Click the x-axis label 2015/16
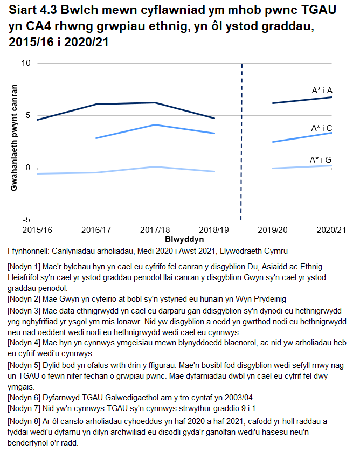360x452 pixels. pyautogui.click(x=37, y=230)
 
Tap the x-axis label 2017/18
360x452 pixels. pyautogui.click(x=155, y=230)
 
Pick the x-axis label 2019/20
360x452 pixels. pyautogui.click(x=272, y=230)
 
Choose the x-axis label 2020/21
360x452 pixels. pyautogui.click(x=330, y=230)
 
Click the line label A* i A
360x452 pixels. pyautogui.click(x=322, y=91)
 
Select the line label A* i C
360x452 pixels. pyautogui.click(x=322, y=128)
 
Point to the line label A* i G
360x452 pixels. pyautogui.click(x=321, y=160)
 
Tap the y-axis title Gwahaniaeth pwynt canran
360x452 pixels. pyautogui.click(x=14, y=138)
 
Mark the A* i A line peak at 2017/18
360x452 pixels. pyautogui.click(x=155, y=102)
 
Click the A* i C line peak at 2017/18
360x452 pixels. pyautogui.click(x=155, y=125)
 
